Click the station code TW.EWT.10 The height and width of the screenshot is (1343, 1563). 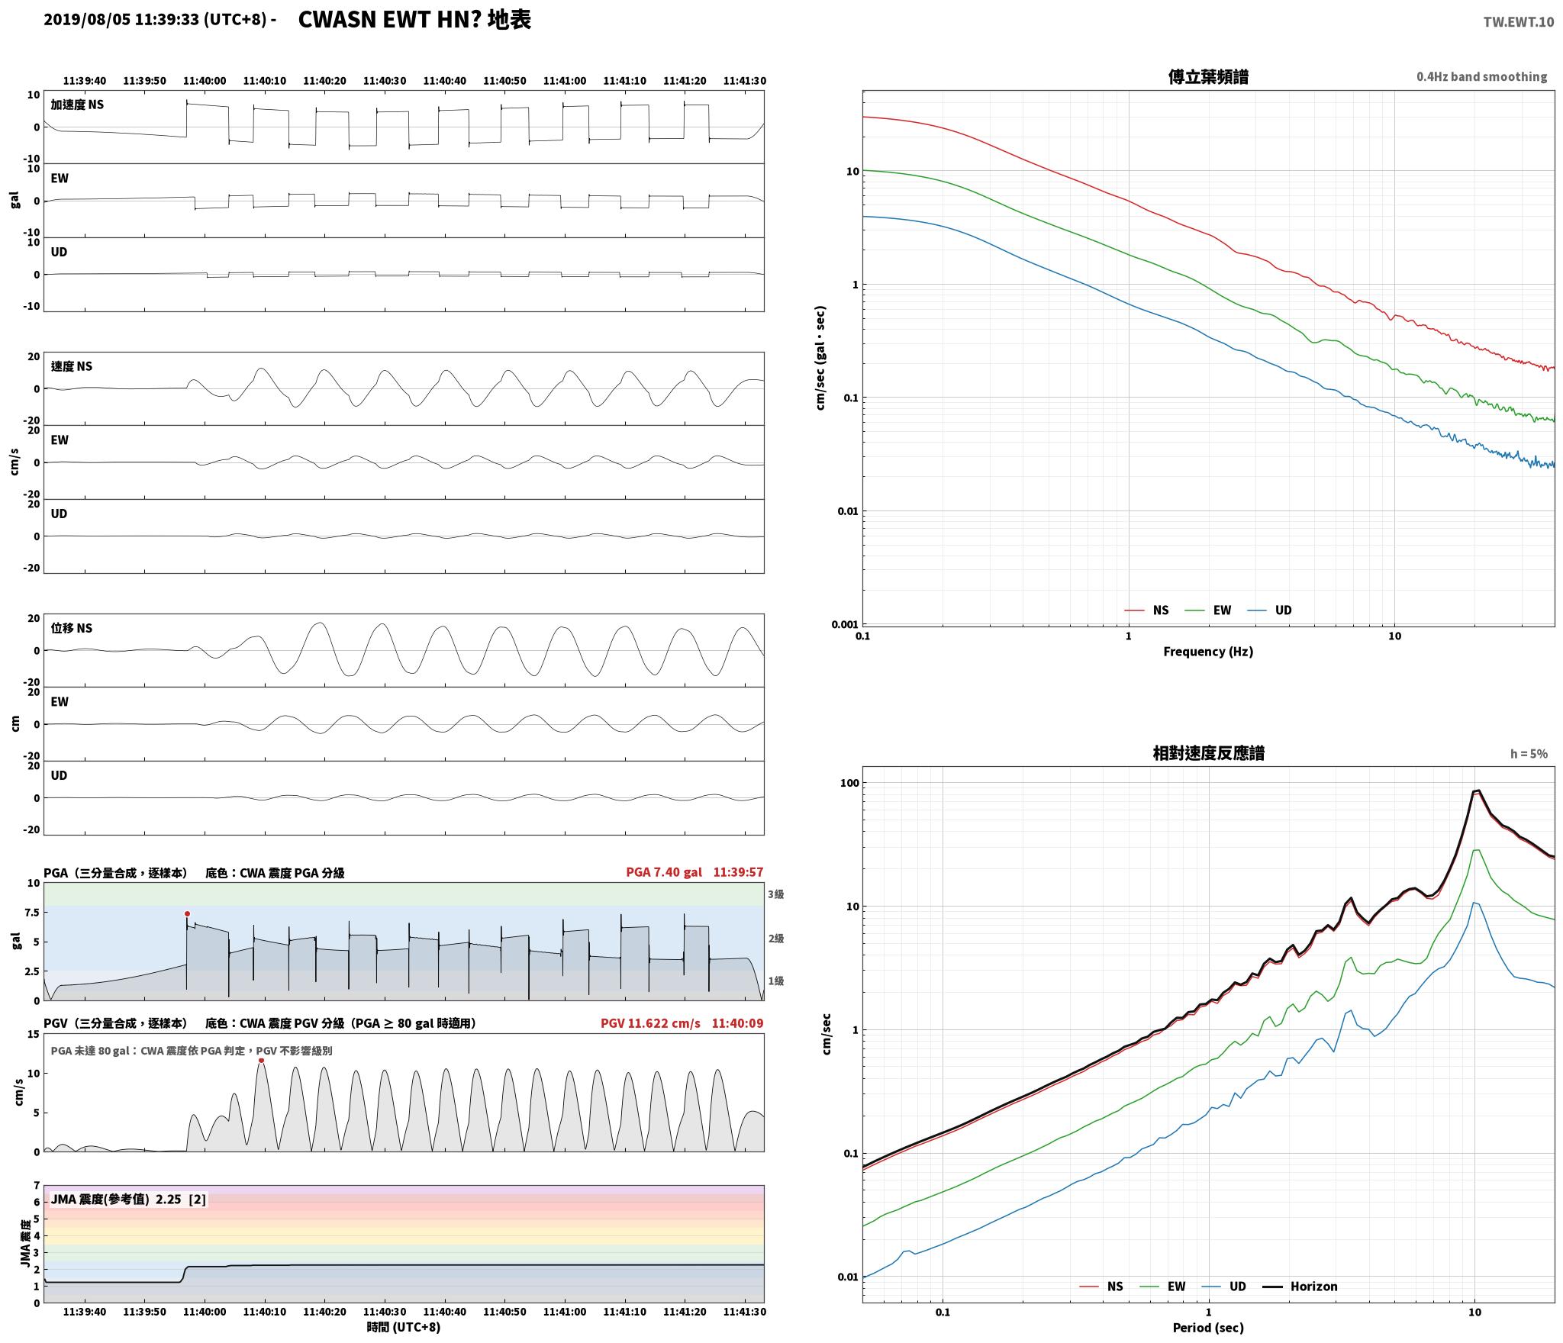pos(1518,22)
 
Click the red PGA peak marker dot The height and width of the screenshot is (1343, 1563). pos(187,913)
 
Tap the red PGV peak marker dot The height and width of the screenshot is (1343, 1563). pos(261,1060)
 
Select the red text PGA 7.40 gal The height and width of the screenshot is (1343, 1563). pos(664,872)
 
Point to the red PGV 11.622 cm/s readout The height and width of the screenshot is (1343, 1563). pos(650,1023)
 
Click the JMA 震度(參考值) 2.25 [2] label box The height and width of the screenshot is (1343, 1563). pos(128,1200)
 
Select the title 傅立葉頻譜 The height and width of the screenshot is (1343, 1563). pos(1208,77)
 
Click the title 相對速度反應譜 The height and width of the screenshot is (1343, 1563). pos(1208,753)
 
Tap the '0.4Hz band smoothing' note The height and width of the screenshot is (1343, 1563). pos(1481,77)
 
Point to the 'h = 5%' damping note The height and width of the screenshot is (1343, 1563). pos(1529,754)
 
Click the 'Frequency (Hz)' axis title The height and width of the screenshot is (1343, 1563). pos(1208,652)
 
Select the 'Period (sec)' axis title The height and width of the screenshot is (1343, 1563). pos(1208,1328)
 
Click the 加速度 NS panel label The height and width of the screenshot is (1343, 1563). pos(77,105)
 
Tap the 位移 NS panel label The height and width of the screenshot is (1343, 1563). pos(72,628)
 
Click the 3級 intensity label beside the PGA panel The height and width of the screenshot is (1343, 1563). pos(776,894)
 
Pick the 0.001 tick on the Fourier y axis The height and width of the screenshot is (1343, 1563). pos(844,624)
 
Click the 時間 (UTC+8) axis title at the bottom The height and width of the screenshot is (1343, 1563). pos(404,1327)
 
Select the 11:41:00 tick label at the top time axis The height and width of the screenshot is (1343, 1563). pos(565,81)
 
